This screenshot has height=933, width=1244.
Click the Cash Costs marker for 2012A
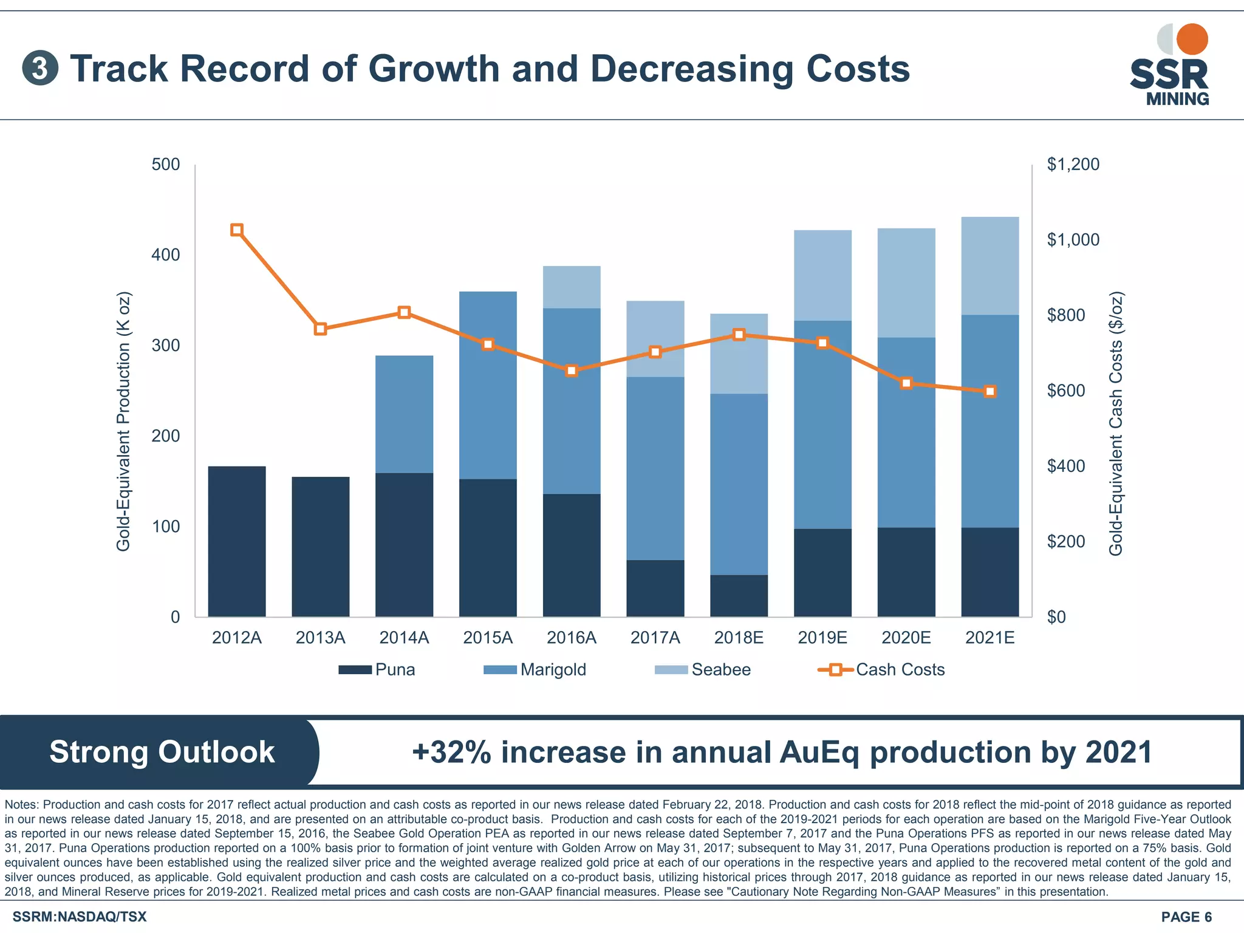(x=237, y=230)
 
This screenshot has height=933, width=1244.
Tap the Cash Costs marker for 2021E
(x=990, y=392)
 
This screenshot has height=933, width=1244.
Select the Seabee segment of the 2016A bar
(x=572, y=287)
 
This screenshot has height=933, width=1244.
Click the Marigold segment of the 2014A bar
(x=405, y=414)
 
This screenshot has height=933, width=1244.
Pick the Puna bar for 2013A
(x=321, y=547)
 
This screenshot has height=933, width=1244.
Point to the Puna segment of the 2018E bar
(x=739, y=596)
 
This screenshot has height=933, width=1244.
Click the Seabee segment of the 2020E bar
(x=906, y=283)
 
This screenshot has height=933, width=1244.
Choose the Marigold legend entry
(x=535, y=669)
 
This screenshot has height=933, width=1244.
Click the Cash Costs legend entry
(x=881, y=669)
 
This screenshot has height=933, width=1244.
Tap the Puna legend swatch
(x=355, y=669)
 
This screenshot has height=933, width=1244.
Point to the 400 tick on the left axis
(x=166, y=255)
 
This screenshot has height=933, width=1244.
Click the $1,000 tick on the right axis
(x=1073, y=240)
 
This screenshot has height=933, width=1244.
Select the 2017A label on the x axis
(x=655, y=638)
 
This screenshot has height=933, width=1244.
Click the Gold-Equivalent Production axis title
(x=123, y=422)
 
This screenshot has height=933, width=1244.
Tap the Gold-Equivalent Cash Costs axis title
(x=1116, y=424)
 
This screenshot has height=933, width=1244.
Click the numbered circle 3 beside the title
(x=40, y=69)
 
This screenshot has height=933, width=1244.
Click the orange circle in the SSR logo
(x=1192, y=39)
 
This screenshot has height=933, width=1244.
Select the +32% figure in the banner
(x=451, y=752)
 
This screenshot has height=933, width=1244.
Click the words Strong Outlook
(x=162, y=752)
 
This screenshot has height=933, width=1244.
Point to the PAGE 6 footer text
(x=1186, y=917)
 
